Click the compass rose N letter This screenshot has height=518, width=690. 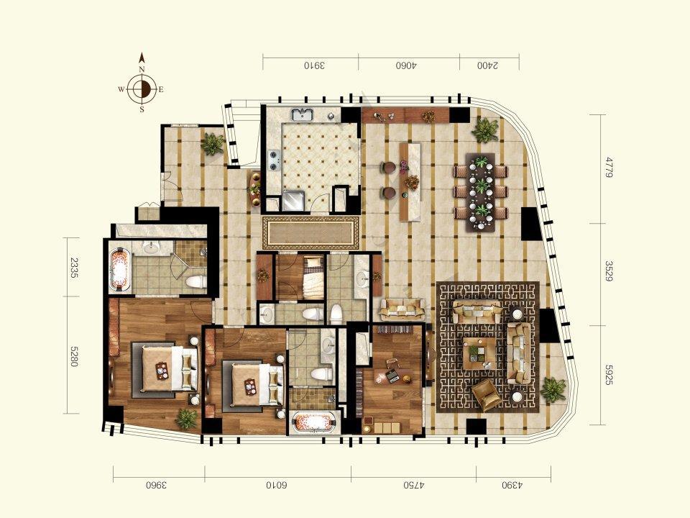142,70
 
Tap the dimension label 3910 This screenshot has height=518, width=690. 314,65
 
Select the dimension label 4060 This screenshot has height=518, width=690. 406,65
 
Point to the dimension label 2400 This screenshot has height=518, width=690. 488,65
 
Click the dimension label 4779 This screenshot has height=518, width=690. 609,167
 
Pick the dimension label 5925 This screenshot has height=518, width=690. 609,375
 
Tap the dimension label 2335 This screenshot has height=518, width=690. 73,268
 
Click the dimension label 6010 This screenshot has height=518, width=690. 276,486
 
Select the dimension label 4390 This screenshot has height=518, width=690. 512,486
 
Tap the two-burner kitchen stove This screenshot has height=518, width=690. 275,160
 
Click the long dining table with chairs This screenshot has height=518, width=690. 481,191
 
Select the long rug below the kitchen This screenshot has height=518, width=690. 311,232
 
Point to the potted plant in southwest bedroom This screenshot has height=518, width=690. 187,418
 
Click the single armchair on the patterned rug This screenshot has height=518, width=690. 487,395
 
